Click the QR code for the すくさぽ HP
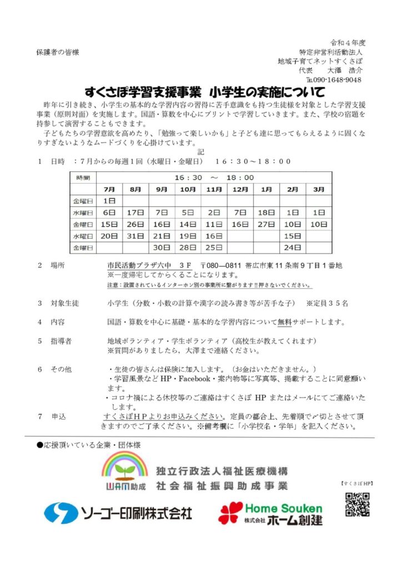click(x=357, y=504)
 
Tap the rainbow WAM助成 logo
click(x=124, y=471)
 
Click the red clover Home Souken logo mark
click(x=230, y=513)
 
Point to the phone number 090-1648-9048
click(x=341, y=80)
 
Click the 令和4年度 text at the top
click(x=348, y=43)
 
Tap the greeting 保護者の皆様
click(x=58, y=52)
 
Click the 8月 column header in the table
click(x=135, y=189)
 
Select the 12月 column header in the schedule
click(x=240, y=189)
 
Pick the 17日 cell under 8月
click(x=135, y=212)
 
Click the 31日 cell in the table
click(x=135, y=236)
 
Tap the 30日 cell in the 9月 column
click(x=162, y=247)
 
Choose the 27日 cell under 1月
click(x=267, y=224)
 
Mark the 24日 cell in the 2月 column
click(x=293, y=247)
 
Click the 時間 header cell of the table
click(x=83, y=177)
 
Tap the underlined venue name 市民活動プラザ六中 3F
click(x=149, y=266)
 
